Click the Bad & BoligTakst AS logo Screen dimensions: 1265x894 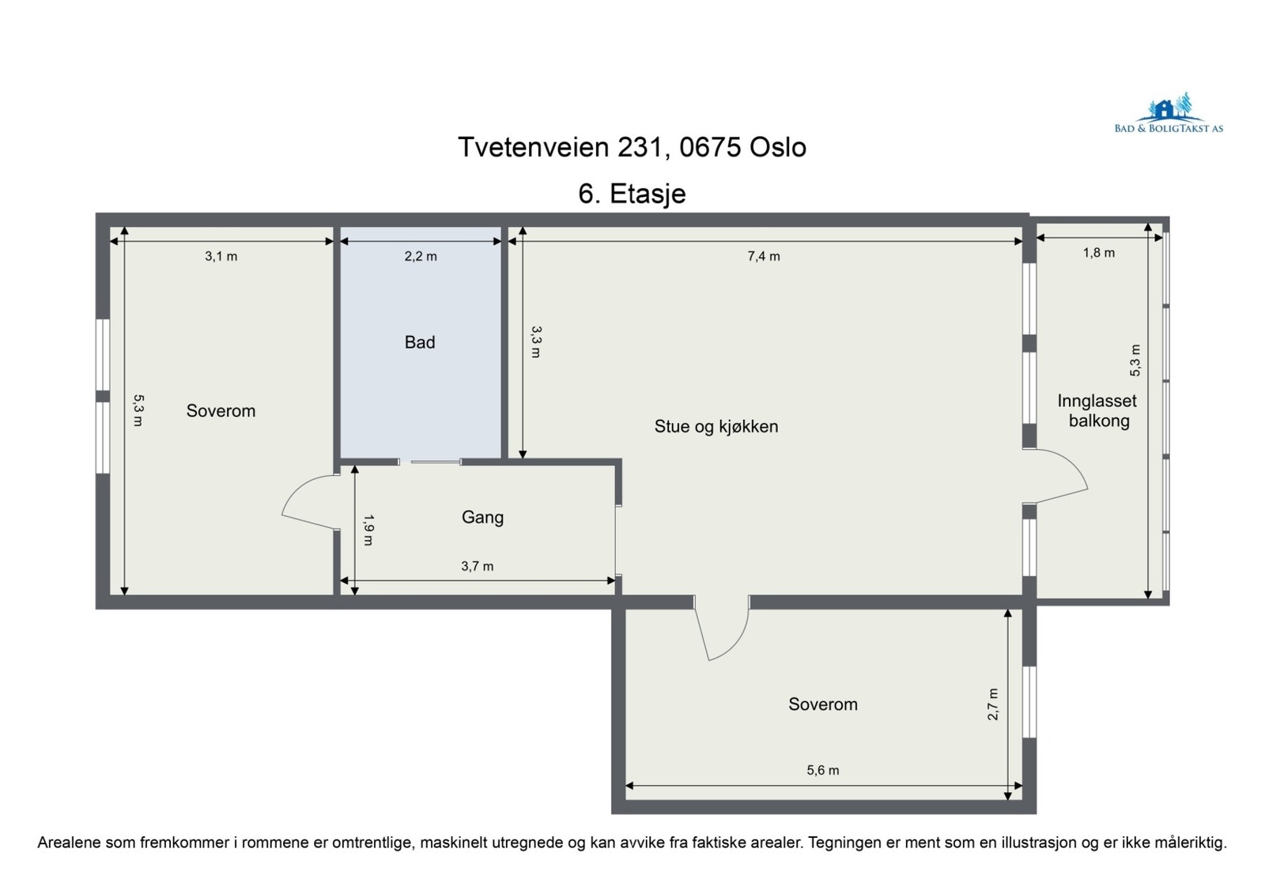(1169, 113)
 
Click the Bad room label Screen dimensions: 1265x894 (420, 342)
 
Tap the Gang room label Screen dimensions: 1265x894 (482, 517)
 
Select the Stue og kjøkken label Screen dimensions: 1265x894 (716, 426)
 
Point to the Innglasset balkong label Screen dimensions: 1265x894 (1097, 411)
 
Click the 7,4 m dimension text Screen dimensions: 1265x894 (764, 256)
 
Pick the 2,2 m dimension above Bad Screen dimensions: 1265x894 (421, 256)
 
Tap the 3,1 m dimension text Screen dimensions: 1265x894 (221, 256)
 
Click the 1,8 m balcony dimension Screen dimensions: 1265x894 (1098, 253)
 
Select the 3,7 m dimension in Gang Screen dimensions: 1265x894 (478, 566)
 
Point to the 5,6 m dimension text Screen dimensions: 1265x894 (823, 771)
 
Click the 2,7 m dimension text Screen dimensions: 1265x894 (993, 704)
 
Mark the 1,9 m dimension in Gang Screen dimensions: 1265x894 (368, 530)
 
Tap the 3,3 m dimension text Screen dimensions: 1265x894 (535, 341)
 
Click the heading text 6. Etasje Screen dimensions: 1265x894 (632, 194)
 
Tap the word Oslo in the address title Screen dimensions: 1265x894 (778, 147)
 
